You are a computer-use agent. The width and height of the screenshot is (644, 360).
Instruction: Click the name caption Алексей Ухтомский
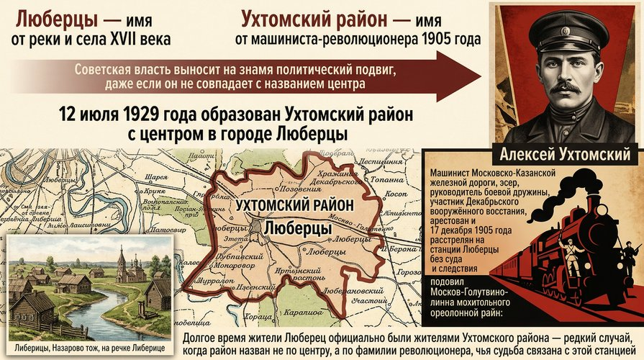[566, 154]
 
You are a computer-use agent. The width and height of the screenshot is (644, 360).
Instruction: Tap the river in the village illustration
[108, 310]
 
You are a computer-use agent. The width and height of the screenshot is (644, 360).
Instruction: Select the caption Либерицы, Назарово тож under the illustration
[89, 348]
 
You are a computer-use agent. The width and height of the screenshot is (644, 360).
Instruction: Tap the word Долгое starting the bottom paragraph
[202, 337]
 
